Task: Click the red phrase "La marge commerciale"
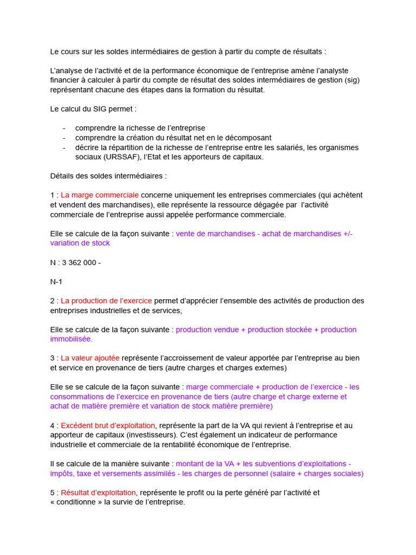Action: click(100, 195)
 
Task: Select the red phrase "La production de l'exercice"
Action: click(106, 301)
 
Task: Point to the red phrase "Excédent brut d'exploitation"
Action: click(108, 425)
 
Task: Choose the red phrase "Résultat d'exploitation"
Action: click(98, 493)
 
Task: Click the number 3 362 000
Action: click(80, 263)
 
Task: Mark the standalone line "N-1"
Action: click(56, 282)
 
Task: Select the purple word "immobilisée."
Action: click(71, 339)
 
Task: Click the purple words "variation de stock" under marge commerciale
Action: click(80, 243)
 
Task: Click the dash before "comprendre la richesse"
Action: click(64, 128)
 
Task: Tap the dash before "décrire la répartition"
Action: click(64, 147)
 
